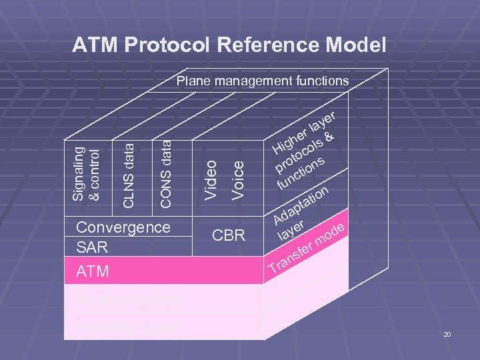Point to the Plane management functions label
[x=262, y=81]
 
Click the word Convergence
[x=123, y=227]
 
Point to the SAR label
[x=92, y=247]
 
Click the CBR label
[x=229, y=235]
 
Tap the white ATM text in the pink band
[x=93, y=271]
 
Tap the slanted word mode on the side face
[x=330, y=234]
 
